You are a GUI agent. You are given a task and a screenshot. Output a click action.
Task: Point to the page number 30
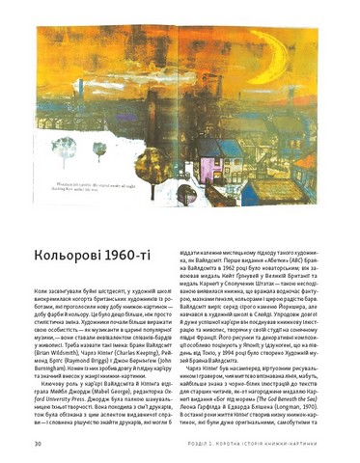point(37,442)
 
